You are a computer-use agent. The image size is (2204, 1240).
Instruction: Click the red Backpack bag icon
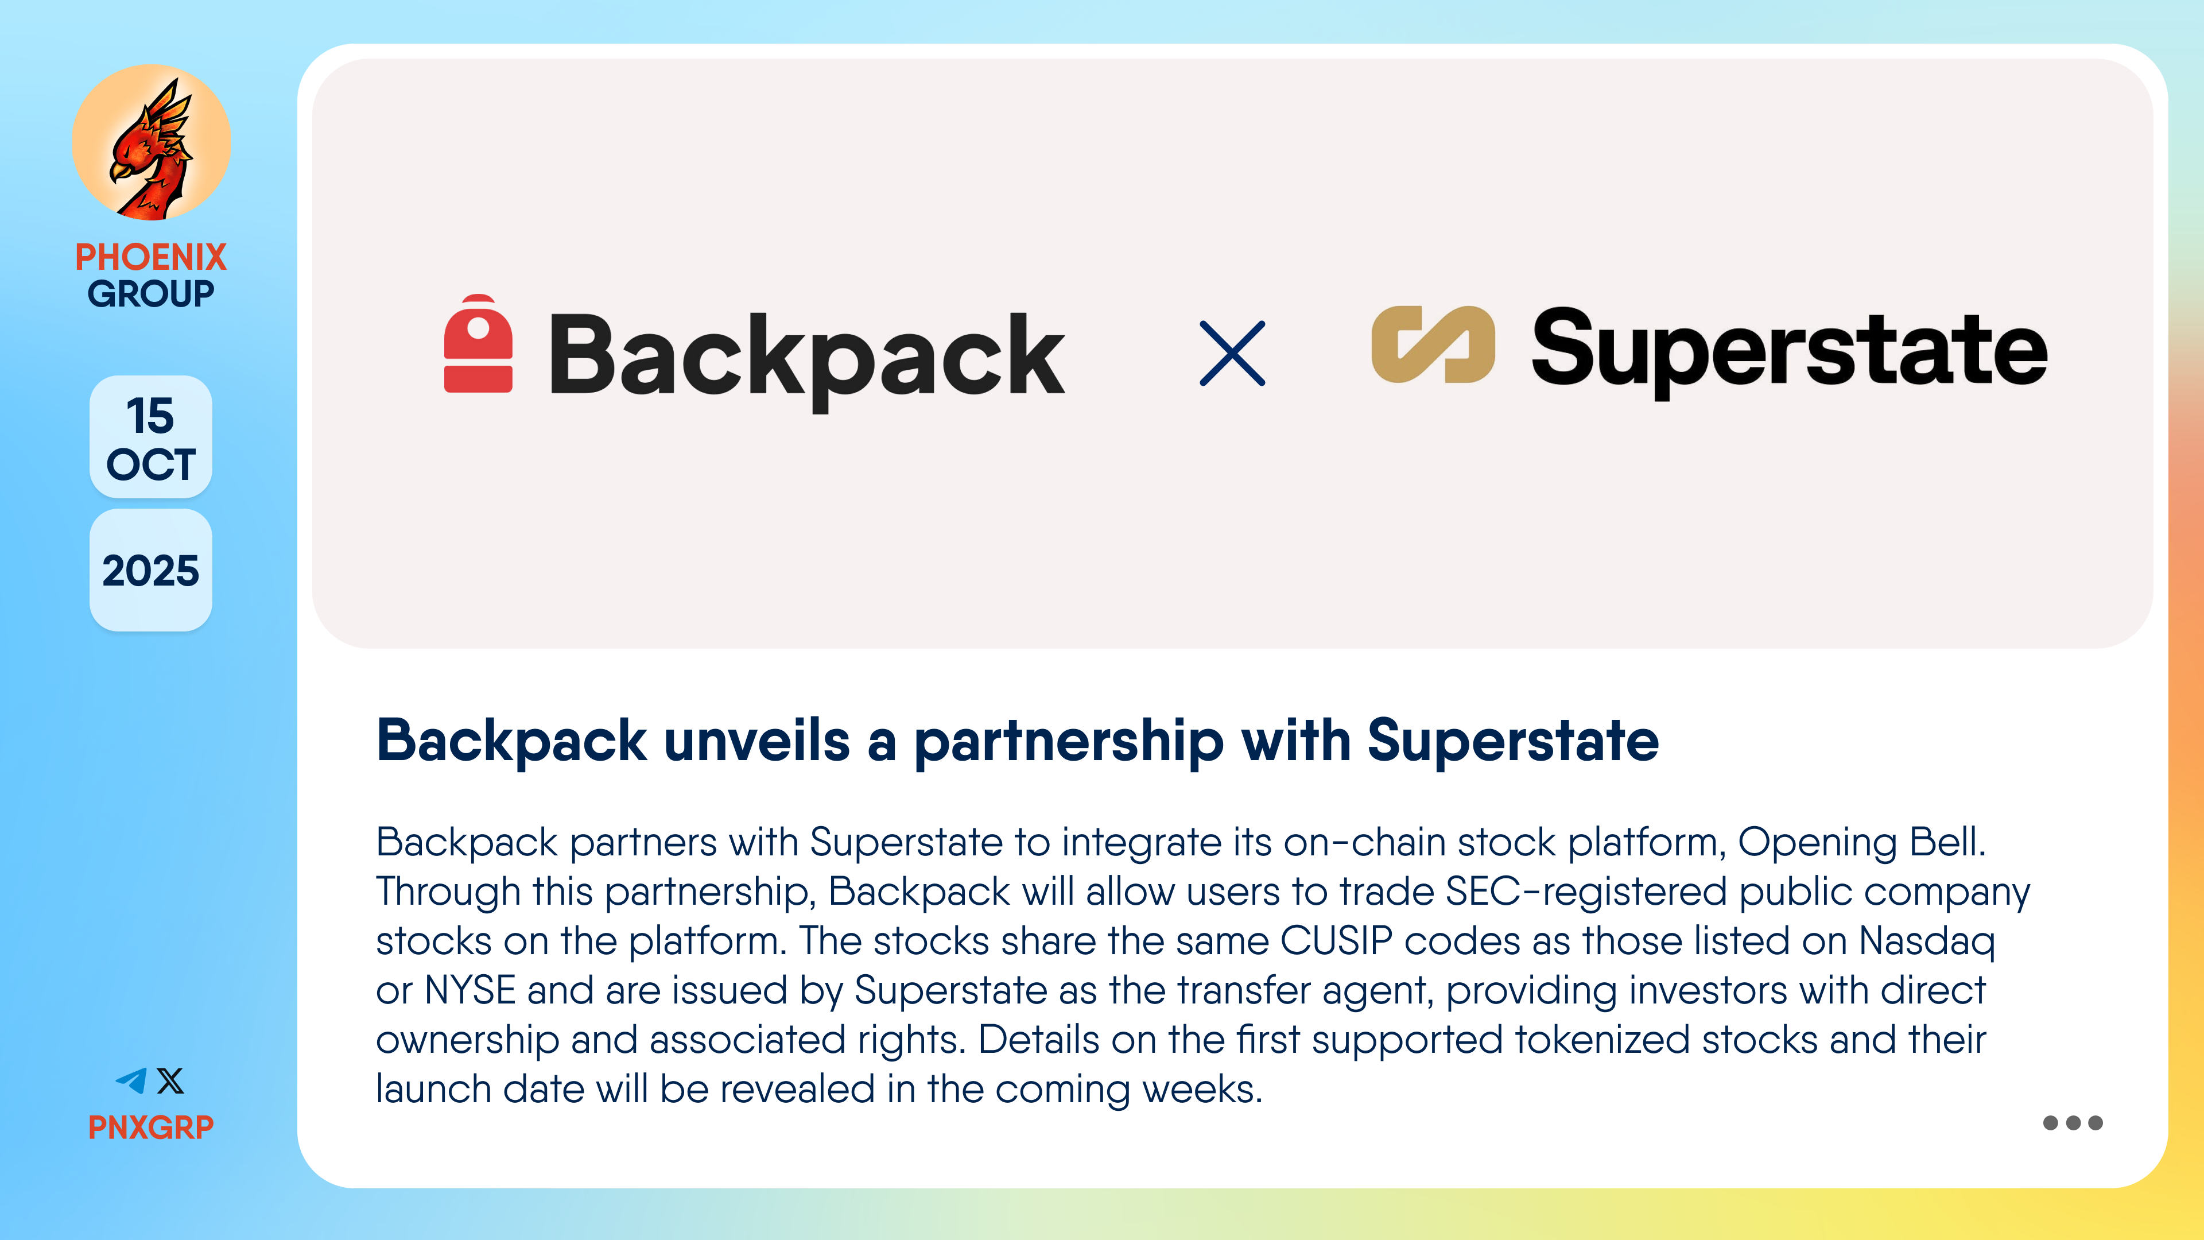[x=478, y=343]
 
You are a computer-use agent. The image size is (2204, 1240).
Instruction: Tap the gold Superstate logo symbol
[x=1433, y=344]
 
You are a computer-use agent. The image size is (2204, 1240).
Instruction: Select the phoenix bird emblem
[x=152, y=143]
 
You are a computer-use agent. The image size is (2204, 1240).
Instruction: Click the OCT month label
[x=150, y=464]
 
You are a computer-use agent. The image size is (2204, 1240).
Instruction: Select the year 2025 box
[x=150, y=570]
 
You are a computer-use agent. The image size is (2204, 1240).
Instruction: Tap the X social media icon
[x=170, y=1081]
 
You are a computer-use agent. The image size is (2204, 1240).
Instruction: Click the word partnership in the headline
[x=1069, y=741]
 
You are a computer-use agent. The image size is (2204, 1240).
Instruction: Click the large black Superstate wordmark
[x=1789, y=351]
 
